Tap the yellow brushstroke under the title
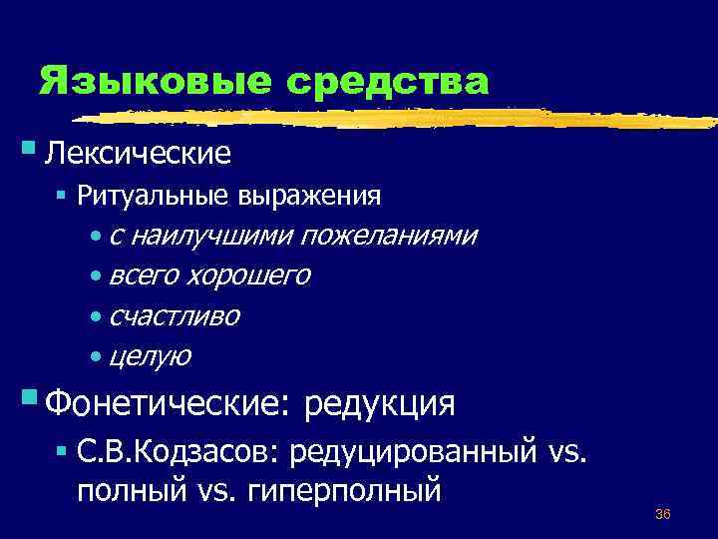(399, 118)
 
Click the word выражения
(309, 196)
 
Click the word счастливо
(175, 315)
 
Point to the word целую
(151, 355)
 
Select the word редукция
(380, 404)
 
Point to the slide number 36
(662, 514)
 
